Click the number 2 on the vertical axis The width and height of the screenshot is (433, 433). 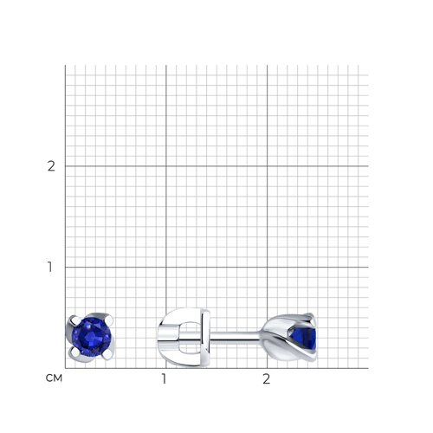[x=51, y=166]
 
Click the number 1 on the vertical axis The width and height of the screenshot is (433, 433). [x=50, y=267]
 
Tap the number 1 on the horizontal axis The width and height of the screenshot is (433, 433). [x=164, y=378]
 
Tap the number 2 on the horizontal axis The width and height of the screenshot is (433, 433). [x=267, y=378]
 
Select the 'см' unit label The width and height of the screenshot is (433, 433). [x=54, y=378]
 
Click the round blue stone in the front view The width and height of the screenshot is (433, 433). [x=91, y=337]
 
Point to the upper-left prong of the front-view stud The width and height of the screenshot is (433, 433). [x=73, y=320]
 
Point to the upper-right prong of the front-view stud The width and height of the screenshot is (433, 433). [x=109, y=319]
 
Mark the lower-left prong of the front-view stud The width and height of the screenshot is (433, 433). [x=74, y=352]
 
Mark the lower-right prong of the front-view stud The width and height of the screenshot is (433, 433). [x=108, y=355]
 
